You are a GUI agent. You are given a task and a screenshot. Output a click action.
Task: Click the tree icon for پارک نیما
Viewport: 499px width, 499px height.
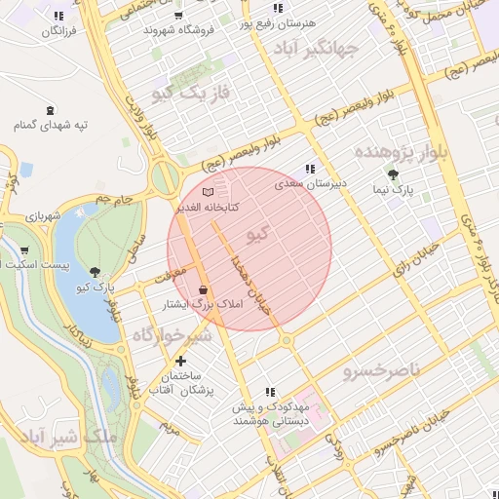[x=393, y=174]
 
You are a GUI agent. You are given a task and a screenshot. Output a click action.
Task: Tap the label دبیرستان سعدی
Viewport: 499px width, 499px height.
[x=310, y=182]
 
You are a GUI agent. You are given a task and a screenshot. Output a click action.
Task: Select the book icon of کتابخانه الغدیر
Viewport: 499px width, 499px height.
[x=207, y=192]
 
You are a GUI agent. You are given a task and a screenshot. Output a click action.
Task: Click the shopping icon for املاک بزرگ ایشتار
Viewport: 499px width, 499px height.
[x=203, y=289]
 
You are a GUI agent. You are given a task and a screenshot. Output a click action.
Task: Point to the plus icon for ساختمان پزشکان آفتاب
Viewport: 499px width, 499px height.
[x=180, y=361]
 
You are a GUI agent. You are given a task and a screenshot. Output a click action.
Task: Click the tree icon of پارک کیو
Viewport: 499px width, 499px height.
[x=95, y=273]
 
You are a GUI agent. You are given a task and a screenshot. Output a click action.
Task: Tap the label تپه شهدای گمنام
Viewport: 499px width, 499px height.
[x=51, y=126]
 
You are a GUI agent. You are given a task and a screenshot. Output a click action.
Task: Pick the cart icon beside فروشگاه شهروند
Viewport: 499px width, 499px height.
[x=176, y=15]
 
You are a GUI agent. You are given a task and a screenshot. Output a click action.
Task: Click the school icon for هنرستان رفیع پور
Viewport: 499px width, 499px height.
[x=278, y=8]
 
